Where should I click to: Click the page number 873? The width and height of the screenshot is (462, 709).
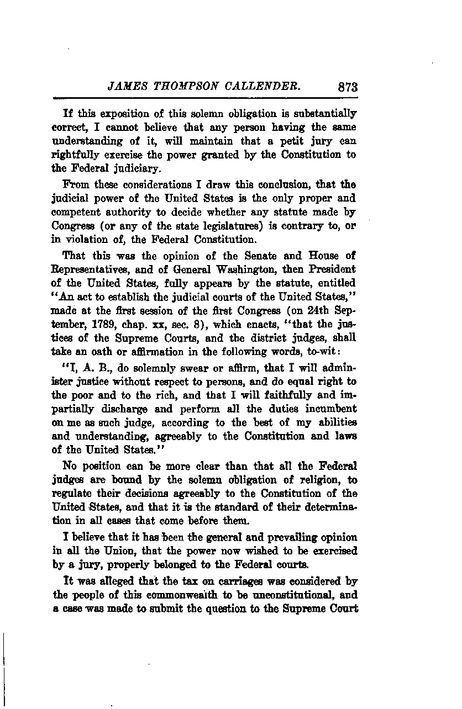pos(347,87)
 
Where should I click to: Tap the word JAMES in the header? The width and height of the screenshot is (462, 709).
pos(126,87)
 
